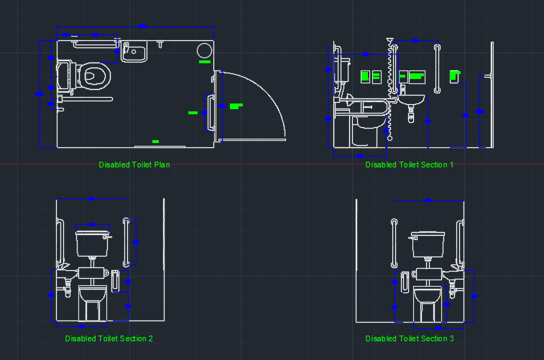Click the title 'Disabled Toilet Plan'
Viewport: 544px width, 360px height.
coord(134,165)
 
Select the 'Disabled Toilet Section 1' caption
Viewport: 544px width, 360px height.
coord(409,165)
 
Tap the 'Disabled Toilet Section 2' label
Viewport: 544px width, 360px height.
coord(109,338)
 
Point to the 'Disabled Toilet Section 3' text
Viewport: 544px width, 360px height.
coord(409,338)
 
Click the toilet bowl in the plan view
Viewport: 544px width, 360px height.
coord(93,74)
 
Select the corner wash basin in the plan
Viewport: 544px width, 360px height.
coord(134,52)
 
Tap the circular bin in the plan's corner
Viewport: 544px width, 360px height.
coord(204,51)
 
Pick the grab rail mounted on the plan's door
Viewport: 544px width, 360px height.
coord(211,114)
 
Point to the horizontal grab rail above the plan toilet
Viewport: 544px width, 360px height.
coord(93,45)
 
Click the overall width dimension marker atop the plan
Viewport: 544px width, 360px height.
coord(142,26)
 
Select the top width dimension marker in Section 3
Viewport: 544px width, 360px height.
coord(428,199)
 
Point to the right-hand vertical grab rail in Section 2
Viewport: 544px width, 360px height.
coord(127,241)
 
